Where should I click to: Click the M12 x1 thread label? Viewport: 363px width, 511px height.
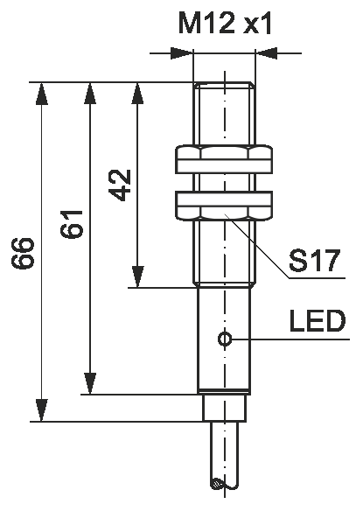pyautogui.click(x=225, y=24)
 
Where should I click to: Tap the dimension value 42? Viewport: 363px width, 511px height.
pyautogui.click(x=120, y=185)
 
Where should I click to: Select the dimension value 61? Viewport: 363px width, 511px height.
pyautogui.click(x=72, y=223)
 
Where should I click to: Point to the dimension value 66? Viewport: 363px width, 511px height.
pyautogui.click(x=22, y=253)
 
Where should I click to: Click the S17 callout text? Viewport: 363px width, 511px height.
pyautogui.click(x=314, y=261)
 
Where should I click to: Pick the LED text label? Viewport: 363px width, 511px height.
pyautogui.click(x=317, y=321)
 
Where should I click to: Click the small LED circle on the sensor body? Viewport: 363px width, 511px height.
pyautogui.click(x=225, y=339)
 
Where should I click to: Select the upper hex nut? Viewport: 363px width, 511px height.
pyautogui.click(x=224, y=160)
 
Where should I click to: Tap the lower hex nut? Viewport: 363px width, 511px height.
pyautogui.click(x=224, y=205)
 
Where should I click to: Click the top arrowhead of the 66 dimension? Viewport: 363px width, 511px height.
pyautogui.click(x=41, y=94)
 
